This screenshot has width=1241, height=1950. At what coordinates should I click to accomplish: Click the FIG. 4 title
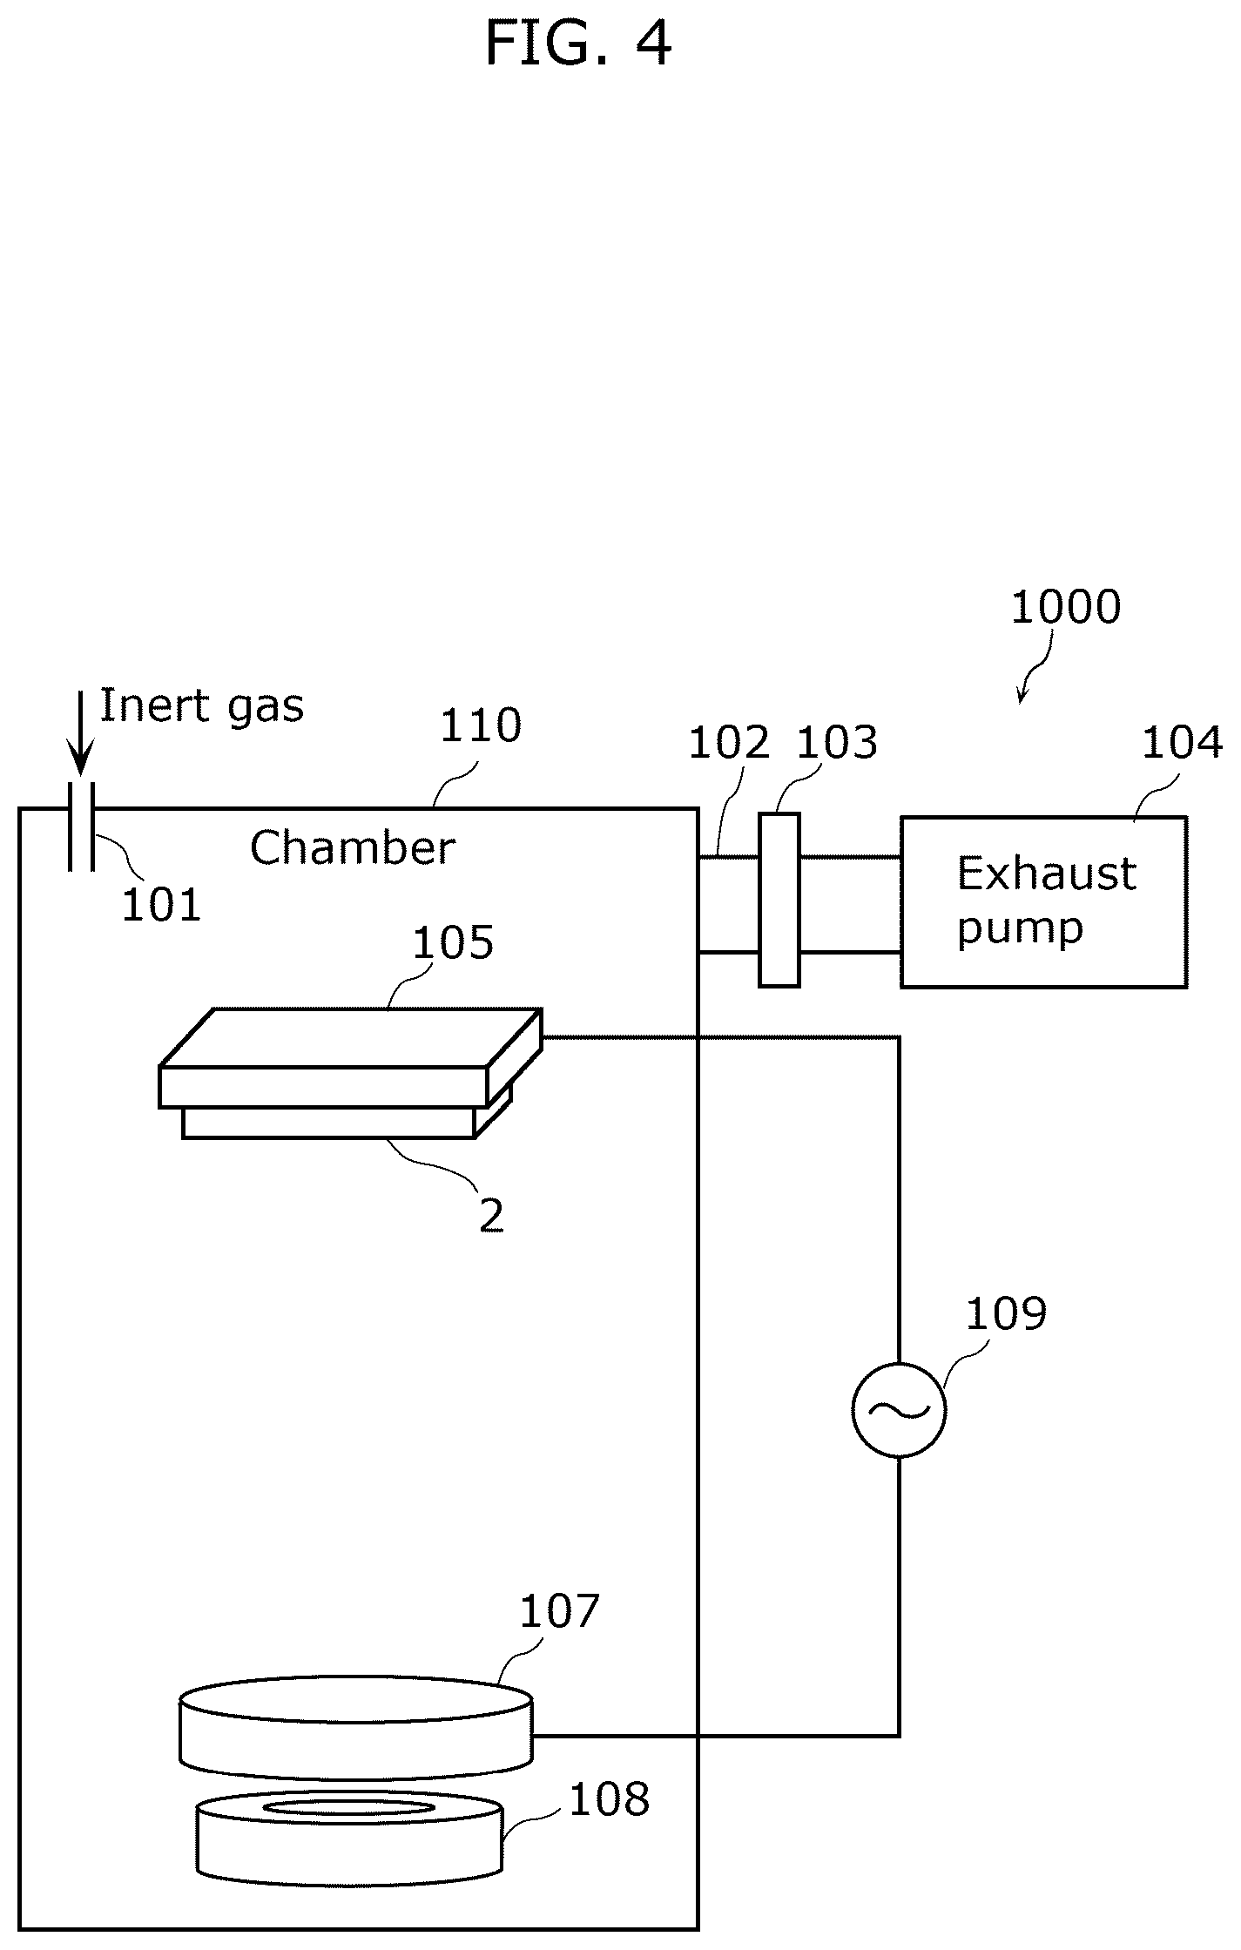point(578,44)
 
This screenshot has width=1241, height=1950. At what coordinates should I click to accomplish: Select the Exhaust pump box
point(1043,901)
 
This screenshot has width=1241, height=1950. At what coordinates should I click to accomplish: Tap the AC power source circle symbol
point(899,1409)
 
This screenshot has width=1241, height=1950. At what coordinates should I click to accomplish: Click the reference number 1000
point(1065,607)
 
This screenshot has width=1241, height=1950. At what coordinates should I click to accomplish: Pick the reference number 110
point(481,725)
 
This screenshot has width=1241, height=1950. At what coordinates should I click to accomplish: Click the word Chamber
point(352,847)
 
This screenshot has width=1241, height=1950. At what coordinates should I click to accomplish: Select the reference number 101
point(161,905)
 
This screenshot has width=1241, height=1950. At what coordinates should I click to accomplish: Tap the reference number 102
point(729,743)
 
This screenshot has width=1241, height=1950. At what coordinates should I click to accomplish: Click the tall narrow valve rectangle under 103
point(779,900)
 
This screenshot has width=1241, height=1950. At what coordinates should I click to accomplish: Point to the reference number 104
point(1182,743)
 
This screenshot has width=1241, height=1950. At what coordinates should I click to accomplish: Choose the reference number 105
point(453,942)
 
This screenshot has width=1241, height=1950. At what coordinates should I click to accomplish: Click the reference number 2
point(492,1216)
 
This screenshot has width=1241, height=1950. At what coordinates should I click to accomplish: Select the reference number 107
point(559,1612)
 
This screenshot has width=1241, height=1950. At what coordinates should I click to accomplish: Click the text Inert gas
point(202,706)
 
